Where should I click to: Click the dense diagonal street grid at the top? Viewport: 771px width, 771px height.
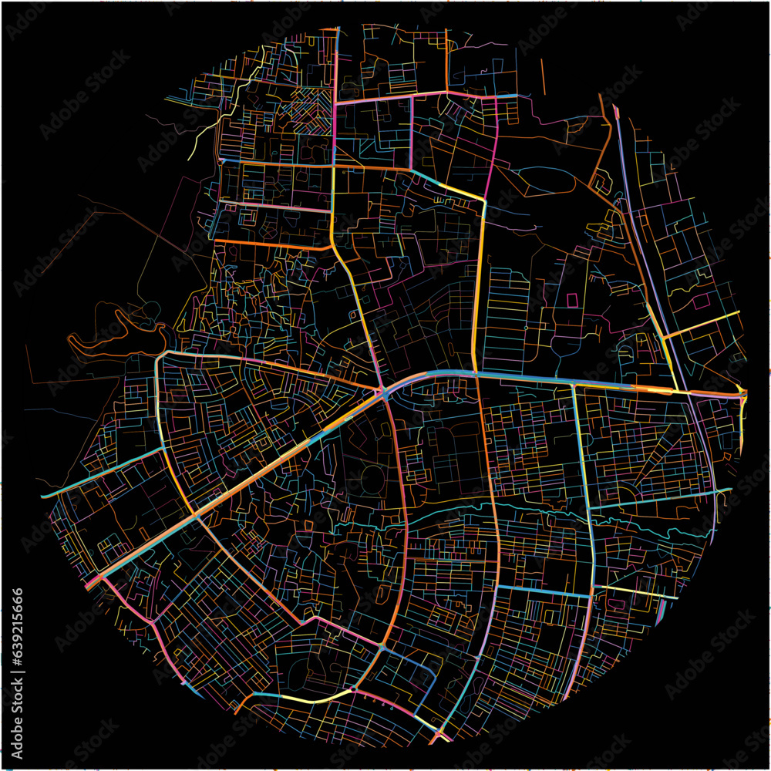pos(308,104)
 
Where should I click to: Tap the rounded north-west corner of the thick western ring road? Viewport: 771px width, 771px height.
pos(160,359)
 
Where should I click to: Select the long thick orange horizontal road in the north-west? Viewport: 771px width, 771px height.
pos(270,246)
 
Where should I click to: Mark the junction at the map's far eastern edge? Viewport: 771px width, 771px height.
pos(742,395)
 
